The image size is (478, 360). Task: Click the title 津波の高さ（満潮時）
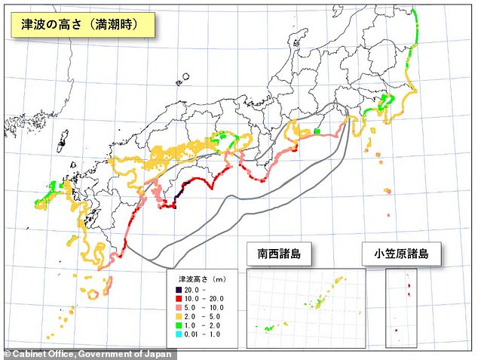[82, 23]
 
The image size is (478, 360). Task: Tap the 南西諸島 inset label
[278, 254]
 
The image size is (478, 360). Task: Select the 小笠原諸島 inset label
[400, 254]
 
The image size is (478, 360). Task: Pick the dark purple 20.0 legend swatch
[179, 289]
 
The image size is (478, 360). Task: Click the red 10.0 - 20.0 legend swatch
[179, 299]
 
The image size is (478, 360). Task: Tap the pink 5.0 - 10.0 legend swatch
[179, 309]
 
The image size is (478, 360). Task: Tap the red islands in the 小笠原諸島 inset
[409, 288]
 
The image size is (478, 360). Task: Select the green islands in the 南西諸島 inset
[270, 329]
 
